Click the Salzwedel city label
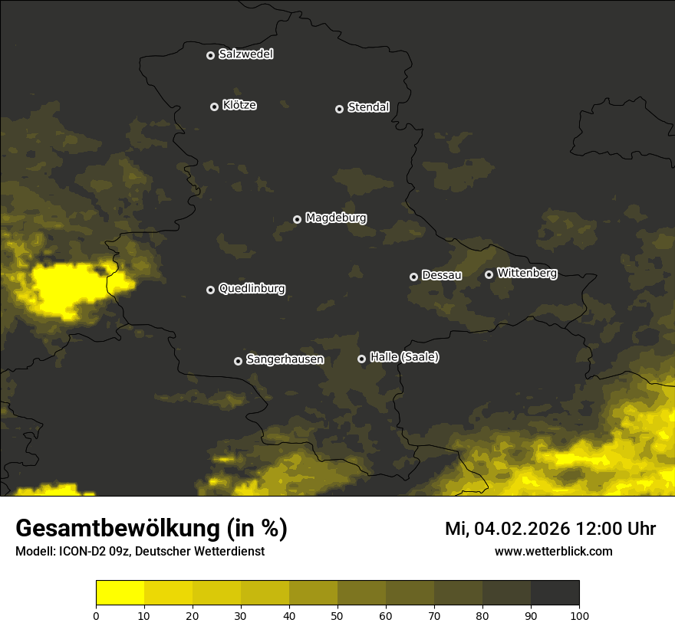[x=245, y=54]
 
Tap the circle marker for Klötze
[x=215, y=107]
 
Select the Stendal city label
[x=368, y=107]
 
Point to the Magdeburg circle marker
[x=298, y=219]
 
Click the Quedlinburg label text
[x=252, y=289]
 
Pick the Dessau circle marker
[x=414, y=277]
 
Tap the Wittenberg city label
[x=527, y=273]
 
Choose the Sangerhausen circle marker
[x=239, y=361]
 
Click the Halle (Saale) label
[x=404, y=357]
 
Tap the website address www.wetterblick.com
[x=553, y=551]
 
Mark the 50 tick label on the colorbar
[x=337, y=615]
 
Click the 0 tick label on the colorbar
[x=96, y=615]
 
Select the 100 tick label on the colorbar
[x=579, y=615]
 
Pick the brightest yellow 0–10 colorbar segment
[x=120, y=593]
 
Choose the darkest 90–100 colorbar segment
[x=555, y=593]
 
